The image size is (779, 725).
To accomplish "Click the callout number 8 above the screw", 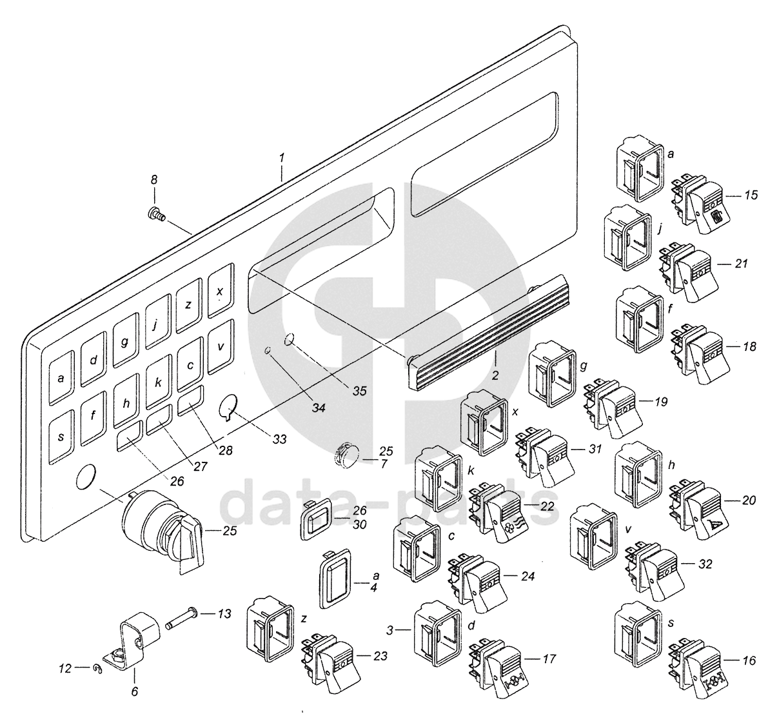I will point(154,180).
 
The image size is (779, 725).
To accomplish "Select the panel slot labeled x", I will point(219,292).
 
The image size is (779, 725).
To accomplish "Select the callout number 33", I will point(279,439).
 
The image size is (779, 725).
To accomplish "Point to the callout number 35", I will point(359,390).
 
